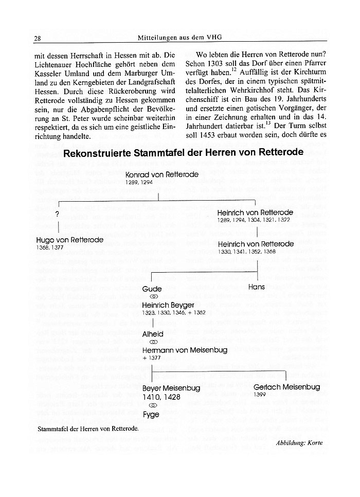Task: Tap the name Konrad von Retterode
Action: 161,175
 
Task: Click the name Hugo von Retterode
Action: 70,240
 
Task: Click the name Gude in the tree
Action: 152,289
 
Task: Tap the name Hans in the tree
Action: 256,287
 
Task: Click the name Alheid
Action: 153,333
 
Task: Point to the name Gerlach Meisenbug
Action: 286,386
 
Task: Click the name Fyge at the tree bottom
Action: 151,414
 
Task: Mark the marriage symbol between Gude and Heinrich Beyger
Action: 152,297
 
